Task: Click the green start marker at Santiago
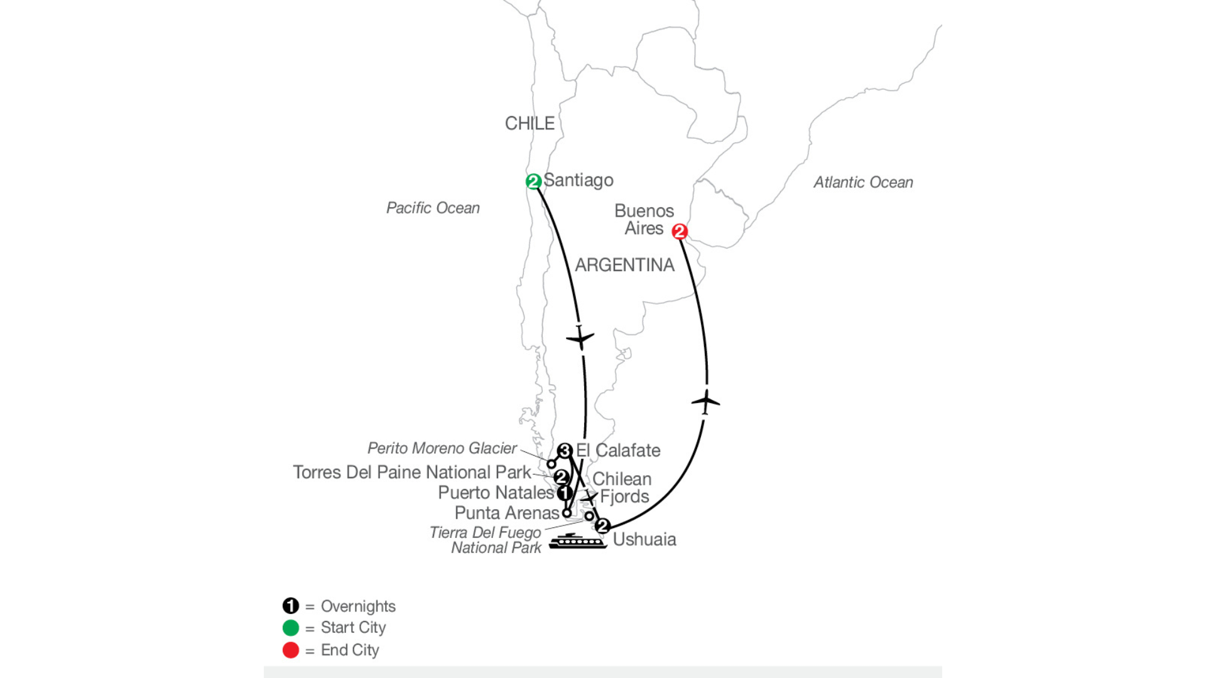[x=533, y=181]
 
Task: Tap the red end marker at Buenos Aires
[x=679, y=232]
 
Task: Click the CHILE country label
[x=530, y=123]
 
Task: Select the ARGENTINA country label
[x=625, y=265]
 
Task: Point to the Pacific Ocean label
[x=433, y=208]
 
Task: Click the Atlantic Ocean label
[x=863, y=182]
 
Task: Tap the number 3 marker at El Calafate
[x=565, y=451]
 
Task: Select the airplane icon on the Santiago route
[x=580, y=338]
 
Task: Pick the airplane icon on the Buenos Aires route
[x=705, y=401]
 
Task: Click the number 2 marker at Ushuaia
[x=602, y=526]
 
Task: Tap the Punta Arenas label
[x=507, y=513]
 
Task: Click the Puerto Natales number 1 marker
[x=564, y=493]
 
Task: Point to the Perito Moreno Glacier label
[x=442, y=448]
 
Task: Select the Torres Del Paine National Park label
[x=412, y=472]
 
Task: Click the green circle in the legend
[x=291, y=628]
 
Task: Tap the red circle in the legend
[x=291, y=650]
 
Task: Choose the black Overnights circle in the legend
[x=291, y=606]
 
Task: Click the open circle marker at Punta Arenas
[x=567, y=513]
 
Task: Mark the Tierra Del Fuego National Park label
[x=486, y=540]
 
